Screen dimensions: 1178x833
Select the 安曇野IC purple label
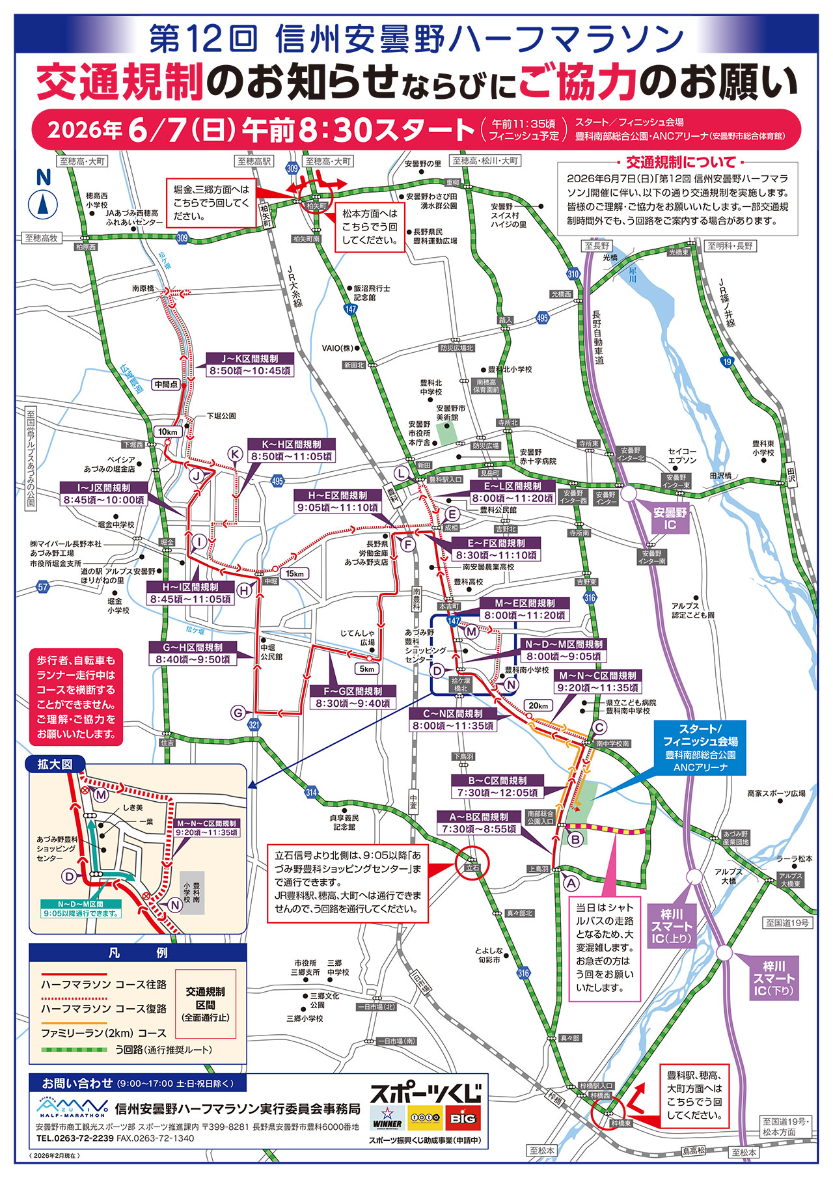tap(670, 519)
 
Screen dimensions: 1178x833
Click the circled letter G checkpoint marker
tap(239, 713)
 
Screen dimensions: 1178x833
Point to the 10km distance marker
tap(167, 431)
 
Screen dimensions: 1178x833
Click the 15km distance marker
tap(294, 573)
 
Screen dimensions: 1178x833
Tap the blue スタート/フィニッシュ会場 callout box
tap(700, 747)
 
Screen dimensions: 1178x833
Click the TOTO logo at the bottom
tap(425, 1117)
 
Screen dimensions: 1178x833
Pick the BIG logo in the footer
tap(463, 1117)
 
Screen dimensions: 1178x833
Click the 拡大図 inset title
tap(55, 764)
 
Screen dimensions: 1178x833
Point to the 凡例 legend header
tap(137, 953)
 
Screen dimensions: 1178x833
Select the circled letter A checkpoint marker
tap(571, 883)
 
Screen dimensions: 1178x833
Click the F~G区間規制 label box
tap(353, 698)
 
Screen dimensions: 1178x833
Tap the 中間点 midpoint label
tap(166, 385)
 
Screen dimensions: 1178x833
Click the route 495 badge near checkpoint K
tap(277, 481)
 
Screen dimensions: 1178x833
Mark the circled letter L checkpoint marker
tap(402, 473)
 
